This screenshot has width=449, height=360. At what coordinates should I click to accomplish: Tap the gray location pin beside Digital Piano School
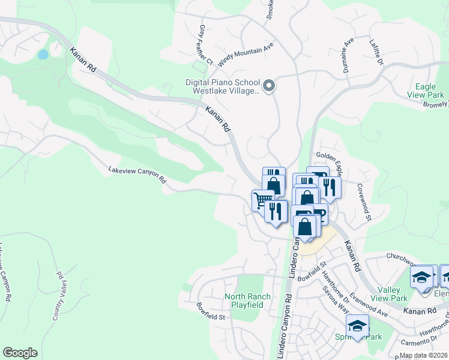pos(270,86)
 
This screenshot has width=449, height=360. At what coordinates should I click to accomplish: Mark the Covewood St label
pos(364,203)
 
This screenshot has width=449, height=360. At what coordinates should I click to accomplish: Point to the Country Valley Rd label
pos(58,295)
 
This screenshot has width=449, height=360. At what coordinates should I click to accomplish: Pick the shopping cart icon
pos(261,199)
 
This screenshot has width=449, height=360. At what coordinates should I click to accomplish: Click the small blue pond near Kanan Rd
pos(43,55)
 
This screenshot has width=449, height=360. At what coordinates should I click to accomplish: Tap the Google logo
pos(20,352)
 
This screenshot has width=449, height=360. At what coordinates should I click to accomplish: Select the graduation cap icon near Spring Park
pos(357,326)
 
